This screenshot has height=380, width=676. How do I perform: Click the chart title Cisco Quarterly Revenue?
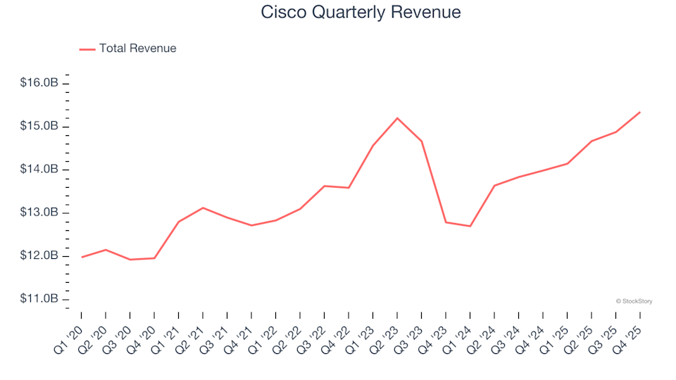(x=361, y=12)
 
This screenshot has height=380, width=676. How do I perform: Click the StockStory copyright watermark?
(x=634, y=301)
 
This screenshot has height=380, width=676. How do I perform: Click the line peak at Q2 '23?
(x=397, y=118)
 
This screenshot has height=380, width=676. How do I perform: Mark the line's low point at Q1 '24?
(x=470, y=226)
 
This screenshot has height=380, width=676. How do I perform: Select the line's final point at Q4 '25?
(x=639, y=112)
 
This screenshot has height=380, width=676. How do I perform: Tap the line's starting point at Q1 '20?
(x=82, y=257)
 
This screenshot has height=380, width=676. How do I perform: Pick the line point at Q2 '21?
(x=203, y=208)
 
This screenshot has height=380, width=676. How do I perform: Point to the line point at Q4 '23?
(x=446, y=222)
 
